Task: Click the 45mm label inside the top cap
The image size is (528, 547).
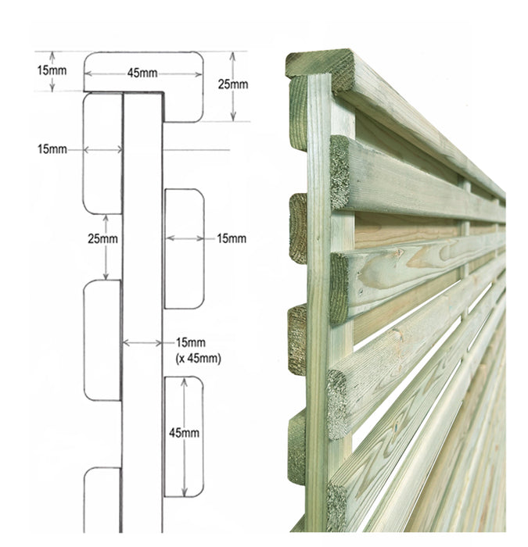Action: coord(142,73)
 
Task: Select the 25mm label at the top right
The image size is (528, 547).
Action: coord(233,84)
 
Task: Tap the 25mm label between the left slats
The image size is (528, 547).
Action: coord(102,239)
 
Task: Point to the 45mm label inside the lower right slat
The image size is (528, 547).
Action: coord(184,433)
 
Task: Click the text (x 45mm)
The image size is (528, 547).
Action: coord(199,358)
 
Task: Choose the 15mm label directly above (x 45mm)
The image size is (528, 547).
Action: coord(191,342)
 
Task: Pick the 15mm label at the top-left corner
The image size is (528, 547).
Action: coord(52,70)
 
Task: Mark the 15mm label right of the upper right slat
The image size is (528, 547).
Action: coord(232,238)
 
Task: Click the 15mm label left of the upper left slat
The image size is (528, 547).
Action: coord(52,149)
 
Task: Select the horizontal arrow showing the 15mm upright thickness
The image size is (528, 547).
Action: coord(142,343)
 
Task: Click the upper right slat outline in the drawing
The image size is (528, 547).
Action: coord(184,248)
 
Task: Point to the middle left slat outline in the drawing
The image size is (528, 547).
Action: coord(102,340)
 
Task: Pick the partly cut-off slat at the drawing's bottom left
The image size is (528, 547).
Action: coord(102,499)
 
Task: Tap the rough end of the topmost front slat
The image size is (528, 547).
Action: coord(339,173)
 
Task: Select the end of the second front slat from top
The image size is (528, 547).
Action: coord(339,288)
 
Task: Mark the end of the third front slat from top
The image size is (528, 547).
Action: coord(337,405)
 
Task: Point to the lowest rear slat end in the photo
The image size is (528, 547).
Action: coord(297,448)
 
